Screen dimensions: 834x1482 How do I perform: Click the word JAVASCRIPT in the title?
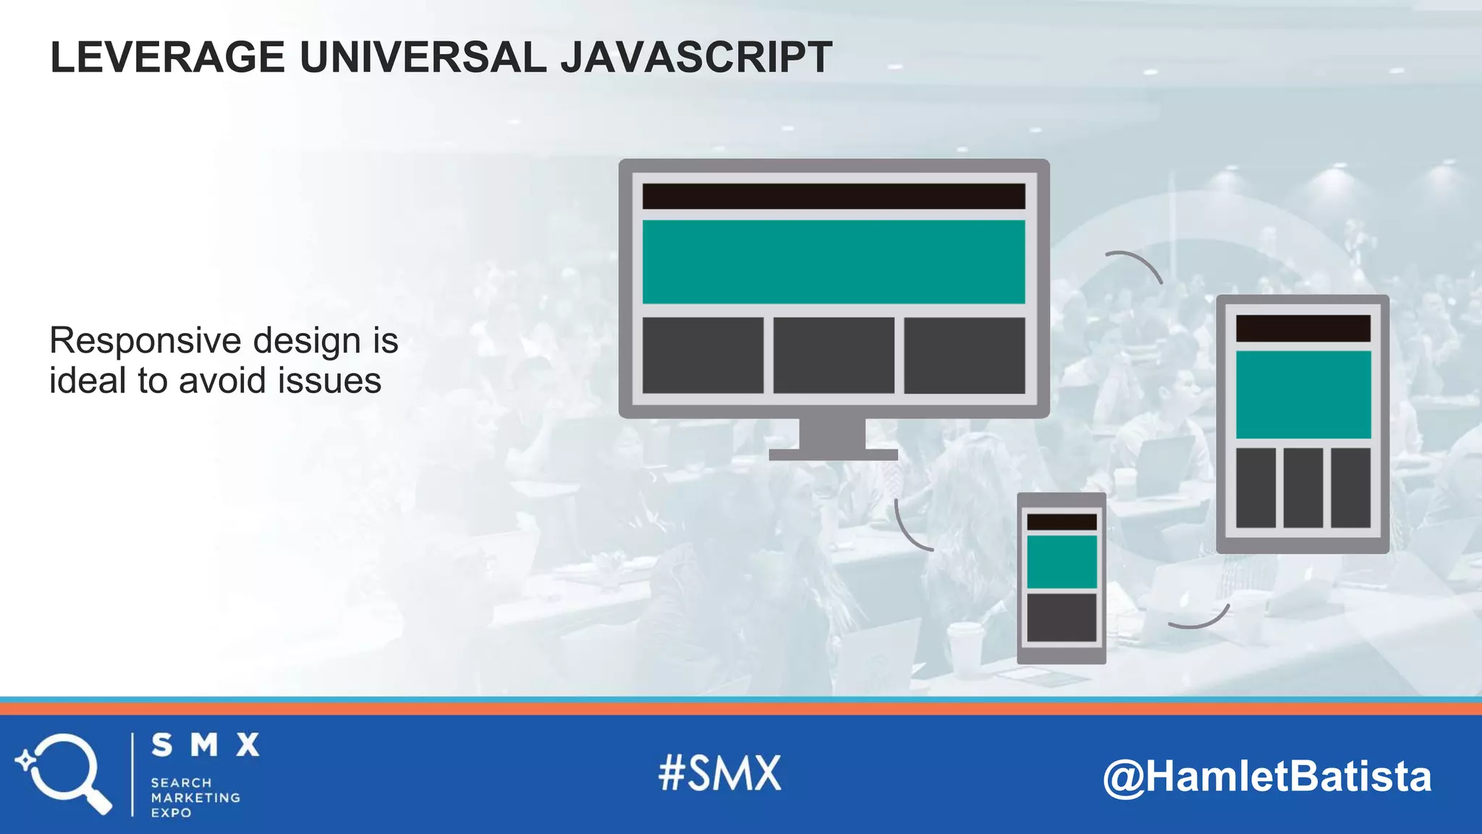coord(696,57)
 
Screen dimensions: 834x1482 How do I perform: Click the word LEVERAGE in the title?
coord(167,57)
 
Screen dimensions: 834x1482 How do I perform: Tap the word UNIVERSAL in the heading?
coord(423,57)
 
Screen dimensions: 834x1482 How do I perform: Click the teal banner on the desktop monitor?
coord(834,261)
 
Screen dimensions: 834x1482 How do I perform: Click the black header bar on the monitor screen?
coord(834,196)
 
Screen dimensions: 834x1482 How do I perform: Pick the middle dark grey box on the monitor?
coord(834,355)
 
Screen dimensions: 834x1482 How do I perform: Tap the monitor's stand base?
coord(833,455)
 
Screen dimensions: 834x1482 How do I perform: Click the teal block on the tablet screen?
coord(1303,395)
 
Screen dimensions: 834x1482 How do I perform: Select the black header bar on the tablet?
coord(1303,328)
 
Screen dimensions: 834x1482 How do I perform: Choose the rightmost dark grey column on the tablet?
coord(1350,488)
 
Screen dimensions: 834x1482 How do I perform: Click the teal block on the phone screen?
coord(1062,562)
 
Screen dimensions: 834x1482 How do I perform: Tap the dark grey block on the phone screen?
coord(1062,618)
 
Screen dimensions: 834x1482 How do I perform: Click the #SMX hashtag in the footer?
coord(720,773)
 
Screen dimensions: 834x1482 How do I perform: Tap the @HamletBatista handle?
coord(1267,776)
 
